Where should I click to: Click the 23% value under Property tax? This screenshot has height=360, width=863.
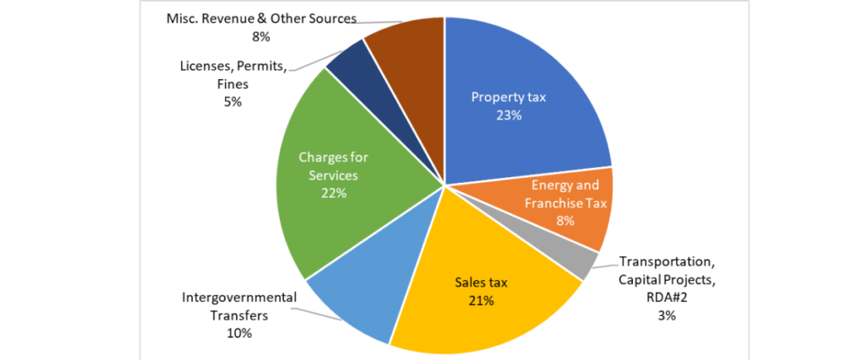[x=508, y=115]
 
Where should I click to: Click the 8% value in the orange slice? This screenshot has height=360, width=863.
[x=565, y=221]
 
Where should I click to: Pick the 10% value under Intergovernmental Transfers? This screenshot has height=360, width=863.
[x=239, y=333]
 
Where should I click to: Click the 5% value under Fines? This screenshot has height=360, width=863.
[x=233, y=102]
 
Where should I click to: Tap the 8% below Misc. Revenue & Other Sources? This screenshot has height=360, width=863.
[x=260, y=37]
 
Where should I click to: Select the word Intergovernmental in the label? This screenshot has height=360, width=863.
[x=239, y=298]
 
